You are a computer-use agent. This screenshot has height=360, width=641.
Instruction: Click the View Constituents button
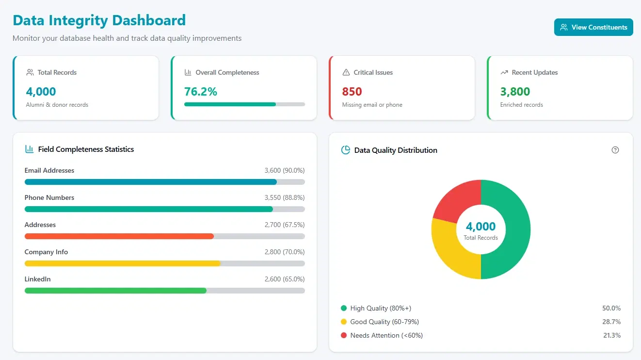click(593, 27)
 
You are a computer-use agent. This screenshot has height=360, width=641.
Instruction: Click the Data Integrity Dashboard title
click(99, 20)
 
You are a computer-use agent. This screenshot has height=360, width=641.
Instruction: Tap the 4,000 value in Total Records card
click(41, 91)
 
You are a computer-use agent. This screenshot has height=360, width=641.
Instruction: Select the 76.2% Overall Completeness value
click(201, 91)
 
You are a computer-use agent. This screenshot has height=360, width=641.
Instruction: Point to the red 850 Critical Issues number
click(352, 91)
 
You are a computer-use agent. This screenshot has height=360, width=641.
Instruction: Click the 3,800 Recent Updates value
click(515, 91)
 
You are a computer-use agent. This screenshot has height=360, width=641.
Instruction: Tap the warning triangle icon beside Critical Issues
click(346, 72)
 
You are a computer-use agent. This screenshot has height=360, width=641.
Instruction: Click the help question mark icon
click(615, 150)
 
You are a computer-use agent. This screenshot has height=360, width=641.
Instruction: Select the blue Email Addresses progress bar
click(150, 182)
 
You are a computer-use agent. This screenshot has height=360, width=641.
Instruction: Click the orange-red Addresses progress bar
click(119, 236)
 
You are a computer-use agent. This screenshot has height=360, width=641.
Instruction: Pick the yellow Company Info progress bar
click(122, 263)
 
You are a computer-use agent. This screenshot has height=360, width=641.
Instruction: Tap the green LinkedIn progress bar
click(115, 291)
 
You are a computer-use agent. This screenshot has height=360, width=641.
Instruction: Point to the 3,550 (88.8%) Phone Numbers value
click(285, 197)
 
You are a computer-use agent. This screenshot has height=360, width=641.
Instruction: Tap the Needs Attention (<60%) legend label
click(386, 335)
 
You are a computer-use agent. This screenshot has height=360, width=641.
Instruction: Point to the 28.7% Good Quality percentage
click(611, 322)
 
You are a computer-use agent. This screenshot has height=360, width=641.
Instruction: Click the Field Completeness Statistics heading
click(86, 149)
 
